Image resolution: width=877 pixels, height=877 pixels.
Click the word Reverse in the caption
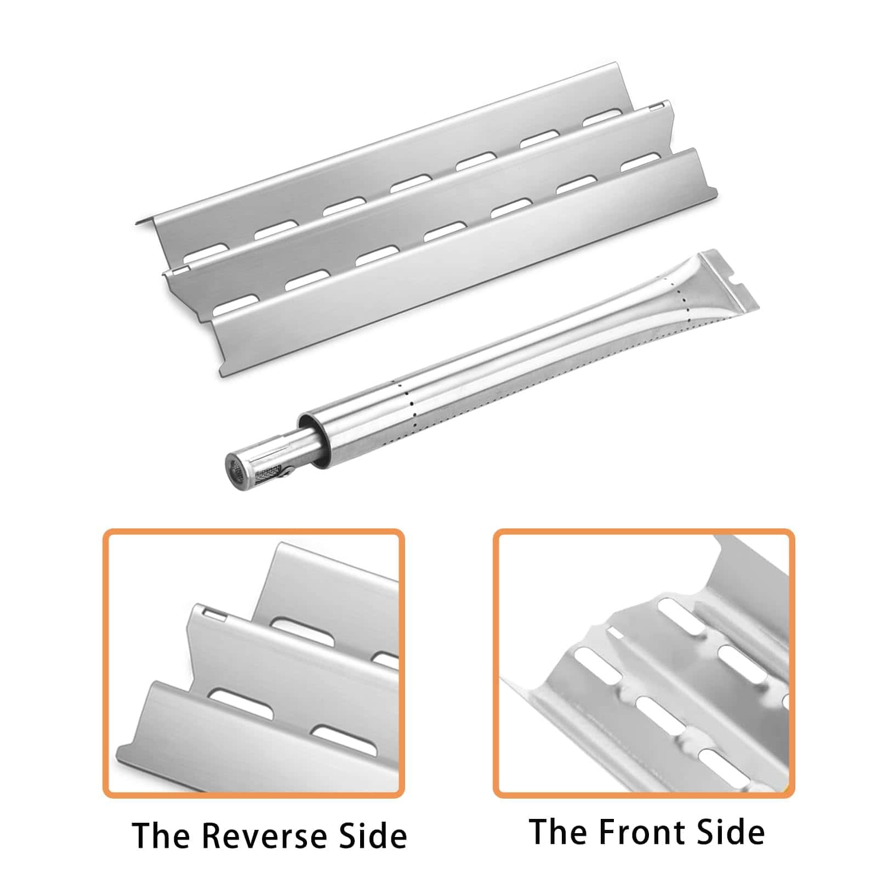pos(263,835)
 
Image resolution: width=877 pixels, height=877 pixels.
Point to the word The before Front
pos(559,832)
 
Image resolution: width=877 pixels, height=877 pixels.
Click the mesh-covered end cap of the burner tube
pos(236,468)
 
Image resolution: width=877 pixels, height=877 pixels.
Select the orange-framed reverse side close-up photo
pos(254,663)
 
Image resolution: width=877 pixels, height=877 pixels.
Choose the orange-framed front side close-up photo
pos(643,663)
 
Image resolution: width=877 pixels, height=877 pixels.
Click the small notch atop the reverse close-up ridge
pos(213,613)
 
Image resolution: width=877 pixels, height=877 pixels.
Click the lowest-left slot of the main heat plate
pos(236,305)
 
